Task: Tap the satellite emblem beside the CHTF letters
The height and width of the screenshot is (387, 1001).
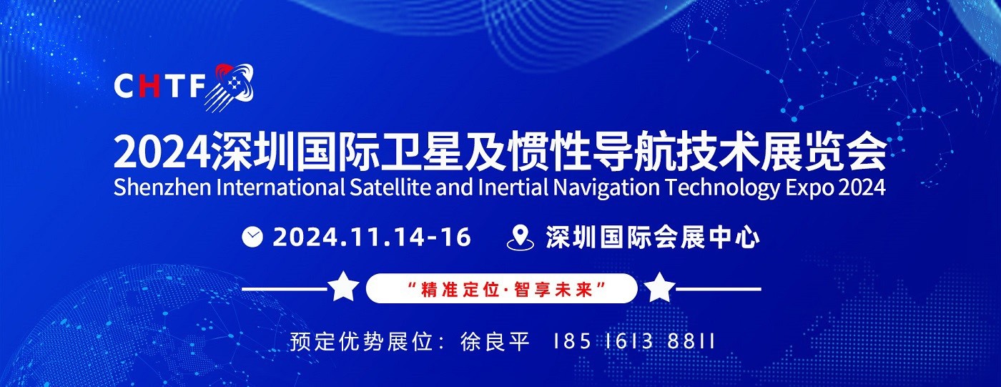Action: click(230, 87)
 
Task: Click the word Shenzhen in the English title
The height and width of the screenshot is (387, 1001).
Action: click(162, 187)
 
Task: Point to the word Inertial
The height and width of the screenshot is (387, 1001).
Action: click(513, 187)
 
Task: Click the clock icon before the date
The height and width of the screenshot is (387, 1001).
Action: click(252, 237)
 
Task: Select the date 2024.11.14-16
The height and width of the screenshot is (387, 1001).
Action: click(372, 237)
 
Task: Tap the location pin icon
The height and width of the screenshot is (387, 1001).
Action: click(521, 237)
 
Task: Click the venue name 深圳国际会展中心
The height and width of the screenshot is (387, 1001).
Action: click(652, 237)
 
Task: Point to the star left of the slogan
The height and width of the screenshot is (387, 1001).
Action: click(343, 286)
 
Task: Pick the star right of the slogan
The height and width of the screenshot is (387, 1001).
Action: click(659, 286)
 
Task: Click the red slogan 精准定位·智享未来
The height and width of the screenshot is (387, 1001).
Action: click(502, 289)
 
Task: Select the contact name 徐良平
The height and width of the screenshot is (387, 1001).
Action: click(495, 342)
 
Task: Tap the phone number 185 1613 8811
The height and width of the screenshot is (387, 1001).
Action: click(634, 342)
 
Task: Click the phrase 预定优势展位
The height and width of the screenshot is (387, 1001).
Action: click(362, 342)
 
